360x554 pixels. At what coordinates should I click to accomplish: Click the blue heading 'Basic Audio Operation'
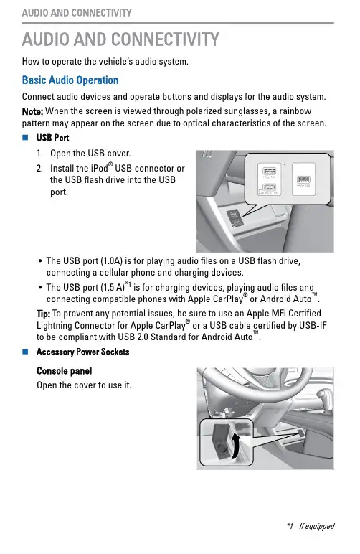pyautogui.click(x=70, y=80)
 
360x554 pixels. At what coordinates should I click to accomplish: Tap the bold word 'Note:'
pyautogui.click(x=32, y=111)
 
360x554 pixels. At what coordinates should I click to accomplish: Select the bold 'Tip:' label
pyautogui.click(x=44, y=314)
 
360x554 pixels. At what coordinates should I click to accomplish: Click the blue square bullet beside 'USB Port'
pyautogui.click(x=25, y=138)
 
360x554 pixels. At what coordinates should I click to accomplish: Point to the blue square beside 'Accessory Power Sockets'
pyautogui.click(x=25, y=352)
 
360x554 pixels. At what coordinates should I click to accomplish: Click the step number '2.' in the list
pyautogui.click(x=40, y=168)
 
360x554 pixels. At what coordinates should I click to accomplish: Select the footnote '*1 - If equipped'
pyautogui.click(x=311, y=526)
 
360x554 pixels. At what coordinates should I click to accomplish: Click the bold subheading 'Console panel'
pyautogui.click(x=65, y=371)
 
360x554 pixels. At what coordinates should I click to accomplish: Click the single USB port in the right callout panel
pyautogui.click(x=303, y=179)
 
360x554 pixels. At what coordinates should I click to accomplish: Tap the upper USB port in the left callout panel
pyautogui.click(x=269, y=172)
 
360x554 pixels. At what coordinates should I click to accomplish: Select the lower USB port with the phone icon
pyautogui.click(x=269, y=188)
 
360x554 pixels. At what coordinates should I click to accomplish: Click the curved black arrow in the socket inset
pyautogui.click(x=235, y=446)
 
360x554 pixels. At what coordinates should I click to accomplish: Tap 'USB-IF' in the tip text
pyautogui.click(x=313, y=325)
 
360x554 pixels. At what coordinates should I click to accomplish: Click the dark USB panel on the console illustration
pyautogui.click(x=235, y=217)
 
